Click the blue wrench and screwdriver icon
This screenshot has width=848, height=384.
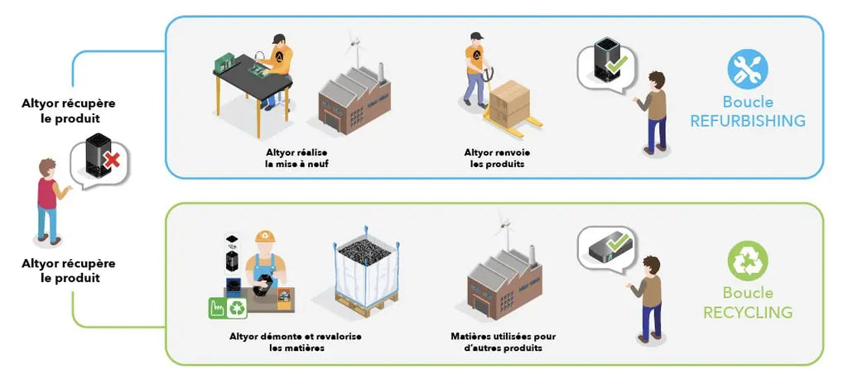748,70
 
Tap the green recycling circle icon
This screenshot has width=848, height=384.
748,261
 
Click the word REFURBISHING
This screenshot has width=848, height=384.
748,121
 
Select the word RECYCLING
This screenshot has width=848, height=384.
748,312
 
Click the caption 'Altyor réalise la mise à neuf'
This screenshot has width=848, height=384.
296,158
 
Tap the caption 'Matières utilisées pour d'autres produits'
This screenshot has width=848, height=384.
503,343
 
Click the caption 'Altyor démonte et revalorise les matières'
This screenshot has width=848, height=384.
296,343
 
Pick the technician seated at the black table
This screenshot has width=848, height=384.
277,70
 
